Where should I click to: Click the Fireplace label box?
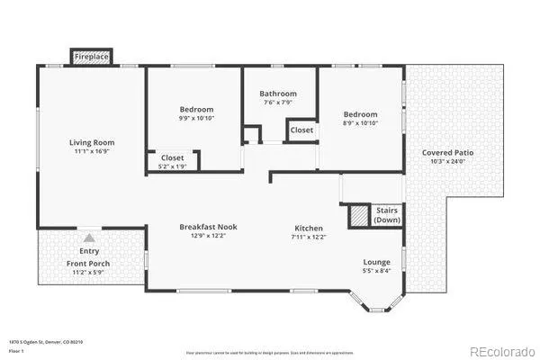[x=92, y=56]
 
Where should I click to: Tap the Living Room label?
[x=92, y=142]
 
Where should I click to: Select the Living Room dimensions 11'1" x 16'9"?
[x=92, y=153]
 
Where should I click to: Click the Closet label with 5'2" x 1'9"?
[x=172, y=157]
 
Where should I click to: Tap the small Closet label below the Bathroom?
[x=301, y=130]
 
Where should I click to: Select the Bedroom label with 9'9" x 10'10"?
[x=194, y=108]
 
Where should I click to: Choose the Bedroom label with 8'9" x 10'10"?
[x=360, y=114]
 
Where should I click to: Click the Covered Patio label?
[x=447, y=152]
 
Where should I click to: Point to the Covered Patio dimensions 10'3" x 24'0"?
[x=447, y=162]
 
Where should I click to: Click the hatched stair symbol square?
[x=360, y=216]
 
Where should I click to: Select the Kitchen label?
[x=310, y=228]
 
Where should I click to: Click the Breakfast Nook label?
[x=208, y=227]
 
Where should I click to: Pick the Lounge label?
[x=377, y=262]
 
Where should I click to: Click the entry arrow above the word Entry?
[x=88, y=238]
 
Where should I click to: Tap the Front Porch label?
[x=88, y=264]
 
